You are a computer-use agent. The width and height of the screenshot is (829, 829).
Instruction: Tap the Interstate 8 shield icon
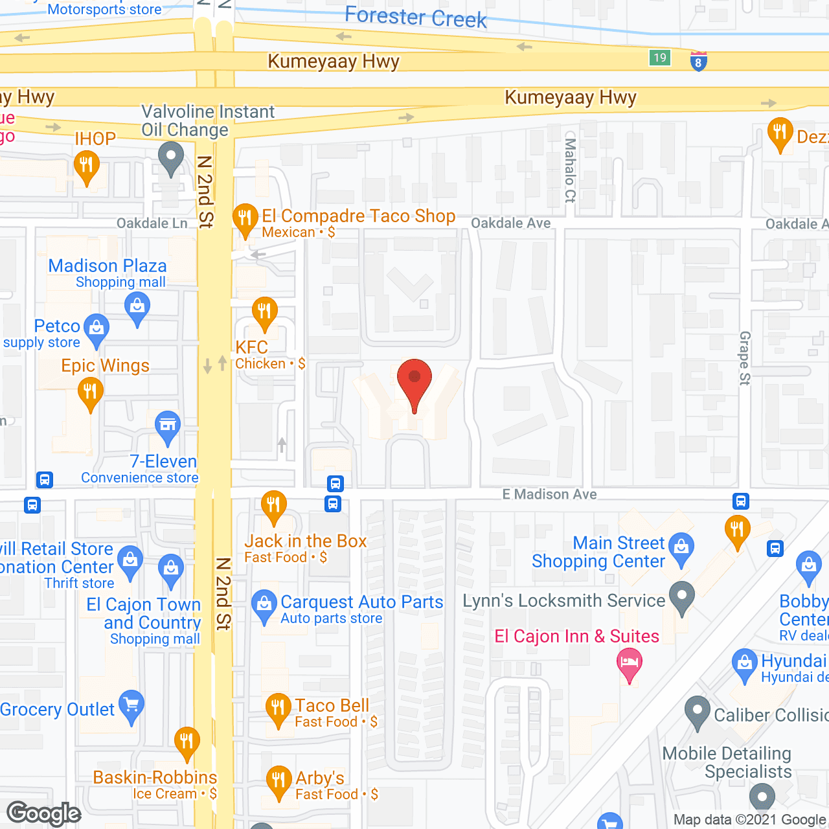click(698, 61)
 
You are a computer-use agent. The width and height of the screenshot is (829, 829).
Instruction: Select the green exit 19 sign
click(659, 58)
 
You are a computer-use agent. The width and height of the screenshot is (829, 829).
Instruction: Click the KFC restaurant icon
click(264, 312)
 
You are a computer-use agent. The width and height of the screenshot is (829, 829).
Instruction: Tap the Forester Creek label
click(415, 17)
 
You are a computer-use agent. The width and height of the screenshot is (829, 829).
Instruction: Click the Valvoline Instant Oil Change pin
click(171, 157)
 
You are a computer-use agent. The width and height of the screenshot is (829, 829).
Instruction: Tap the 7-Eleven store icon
click(168, 426)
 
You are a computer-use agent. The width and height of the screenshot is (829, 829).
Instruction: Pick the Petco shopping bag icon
click(97, 328)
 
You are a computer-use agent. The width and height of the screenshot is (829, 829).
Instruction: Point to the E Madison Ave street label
click(549, 494)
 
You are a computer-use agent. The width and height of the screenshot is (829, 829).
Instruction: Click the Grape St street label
click(745, 358)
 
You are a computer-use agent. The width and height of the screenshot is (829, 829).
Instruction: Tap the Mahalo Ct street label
click(570, 170)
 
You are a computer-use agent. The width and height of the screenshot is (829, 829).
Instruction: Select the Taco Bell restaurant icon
click(278, 708)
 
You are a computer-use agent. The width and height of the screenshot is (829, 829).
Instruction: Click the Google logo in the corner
click(44, 813)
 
